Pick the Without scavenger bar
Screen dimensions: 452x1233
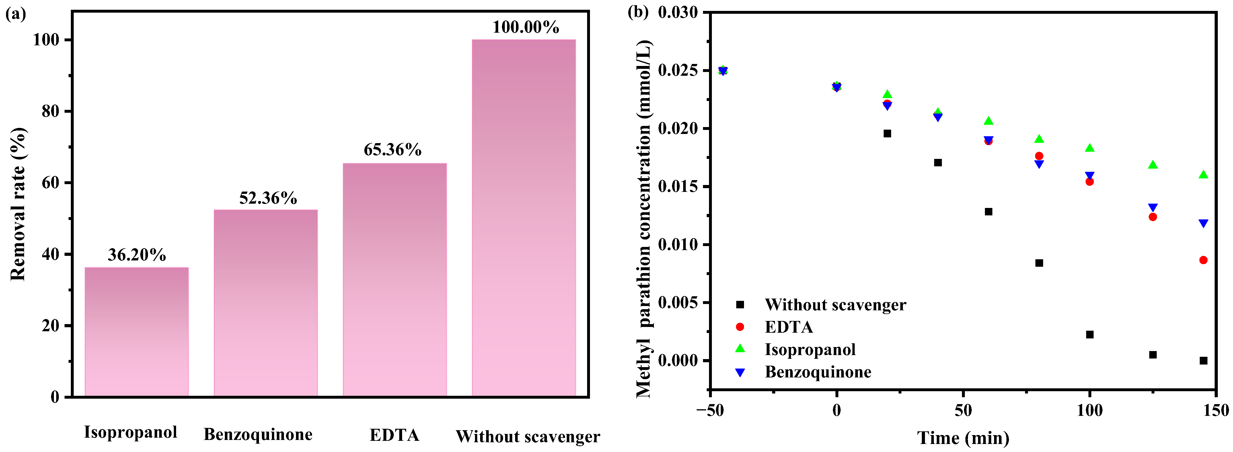tap(524, 218)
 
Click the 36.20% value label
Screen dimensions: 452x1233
tap(137, 255)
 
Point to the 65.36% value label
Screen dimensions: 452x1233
tap(392, 150)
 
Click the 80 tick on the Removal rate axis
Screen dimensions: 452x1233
tap(50, 112)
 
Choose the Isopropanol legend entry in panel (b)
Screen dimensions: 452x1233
tap(810, 350)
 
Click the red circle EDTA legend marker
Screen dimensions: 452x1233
tap(740, 327)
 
